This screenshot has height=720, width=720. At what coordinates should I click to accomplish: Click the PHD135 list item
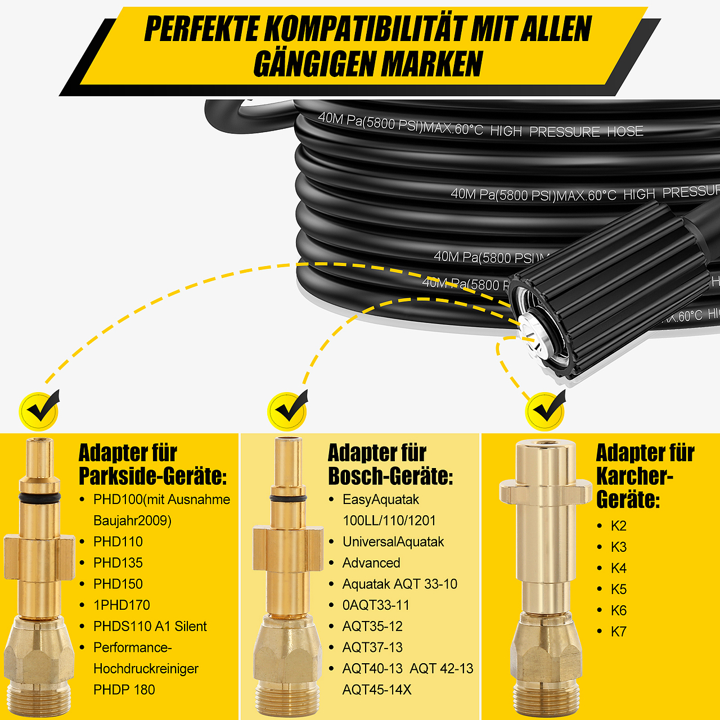coord(118,562)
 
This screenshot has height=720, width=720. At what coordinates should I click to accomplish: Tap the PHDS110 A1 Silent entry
coord(150,626)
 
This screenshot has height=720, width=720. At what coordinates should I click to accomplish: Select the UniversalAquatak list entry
coord(393,542)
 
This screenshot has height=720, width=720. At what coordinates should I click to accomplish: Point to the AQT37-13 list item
coord(372,647)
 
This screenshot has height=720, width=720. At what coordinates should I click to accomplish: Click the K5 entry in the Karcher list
coord(618,589)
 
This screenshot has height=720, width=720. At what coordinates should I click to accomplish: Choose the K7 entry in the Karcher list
coord(618,632)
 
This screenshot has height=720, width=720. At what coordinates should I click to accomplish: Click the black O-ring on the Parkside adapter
coord(39,498)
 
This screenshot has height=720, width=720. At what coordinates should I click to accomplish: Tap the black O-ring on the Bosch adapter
coord(288,499)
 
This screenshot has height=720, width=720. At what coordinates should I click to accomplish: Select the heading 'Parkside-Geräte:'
coord(152,476)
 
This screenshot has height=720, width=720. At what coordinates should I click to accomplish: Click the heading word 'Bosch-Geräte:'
coord(390,476)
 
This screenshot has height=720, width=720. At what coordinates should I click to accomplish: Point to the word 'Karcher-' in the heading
coord(634,476)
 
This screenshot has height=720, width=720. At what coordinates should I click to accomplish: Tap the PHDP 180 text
coord(124,690)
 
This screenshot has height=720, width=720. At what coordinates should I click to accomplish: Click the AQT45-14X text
coord(377,690)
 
